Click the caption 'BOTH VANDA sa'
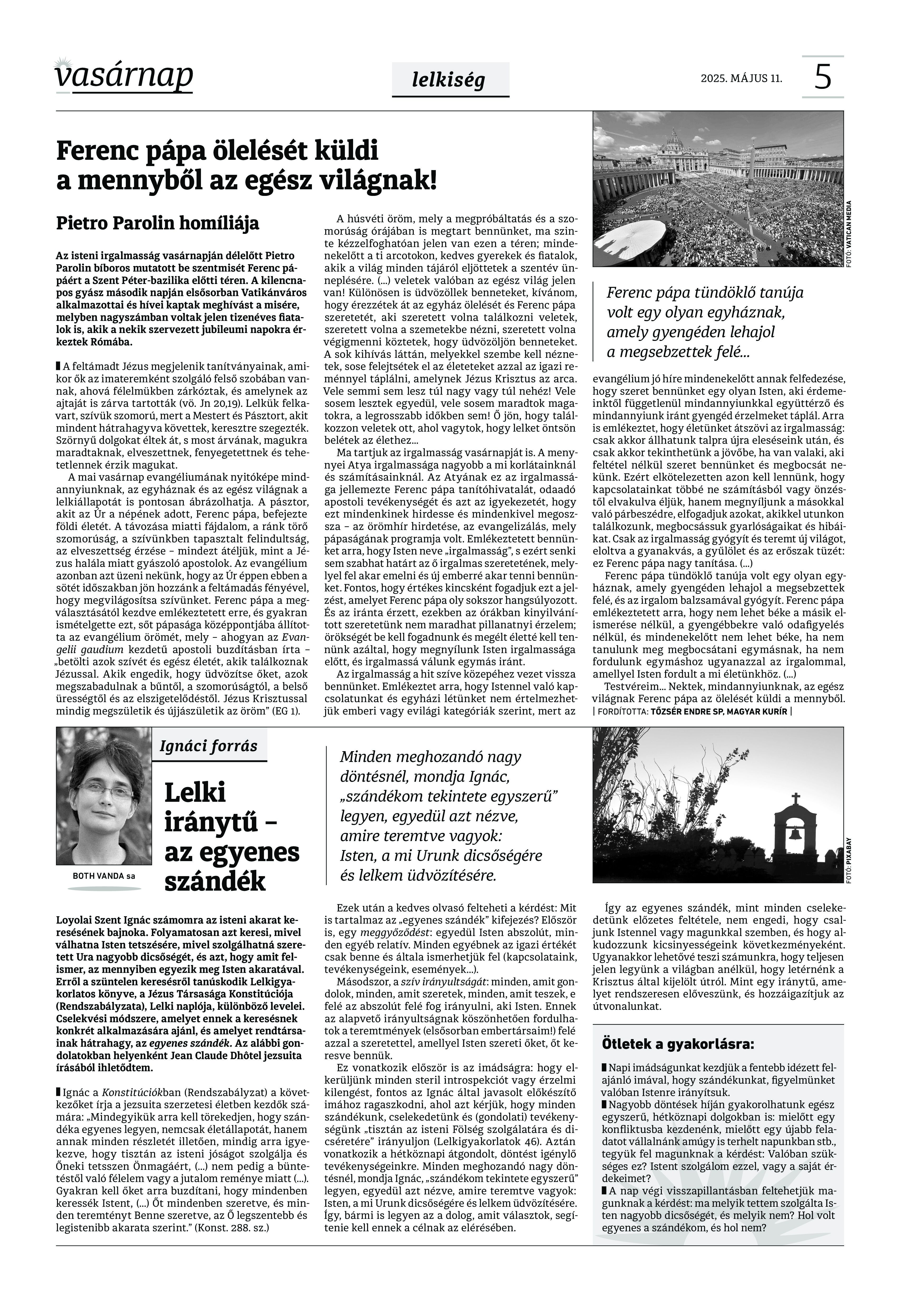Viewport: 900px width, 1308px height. pos(104,876)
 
